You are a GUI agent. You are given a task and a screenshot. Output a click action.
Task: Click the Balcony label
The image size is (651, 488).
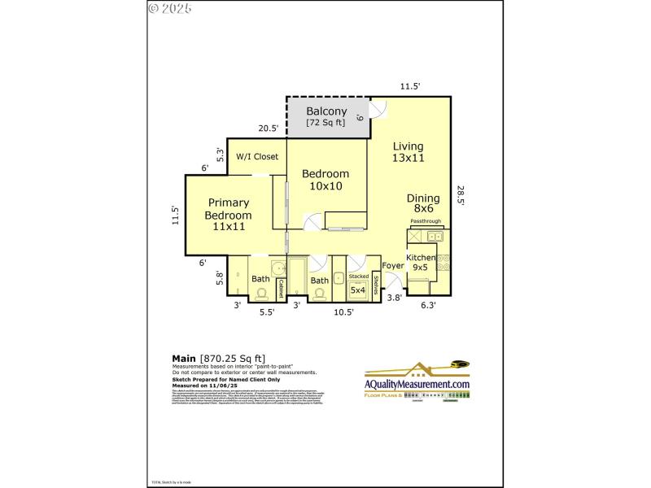(x=326, y=111)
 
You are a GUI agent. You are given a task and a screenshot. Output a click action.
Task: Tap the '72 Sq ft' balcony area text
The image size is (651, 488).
(x=325, y=123)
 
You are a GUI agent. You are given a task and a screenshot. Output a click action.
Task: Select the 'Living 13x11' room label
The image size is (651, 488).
(x=408, y=152)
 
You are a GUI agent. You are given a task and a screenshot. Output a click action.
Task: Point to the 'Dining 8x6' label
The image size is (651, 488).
(x=423, y=203)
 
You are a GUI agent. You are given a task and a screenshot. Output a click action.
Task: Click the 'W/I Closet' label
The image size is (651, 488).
(x=257, y=156)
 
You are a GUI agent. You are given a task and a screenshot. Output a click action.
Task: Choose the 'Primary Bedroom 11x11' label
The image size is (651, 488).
(x=228, y=215)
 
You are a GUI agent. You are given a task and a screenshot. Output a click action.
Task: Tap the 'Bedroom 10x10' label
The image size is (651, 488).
(x=325, y=180)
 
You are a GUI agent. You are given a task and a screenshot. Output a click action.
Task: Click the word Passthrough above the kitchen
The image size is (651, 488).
(x=426, y=221)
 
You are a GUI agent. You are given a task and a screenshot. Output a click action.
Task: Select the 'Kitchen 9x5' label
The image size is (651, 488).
(x=421, y=262)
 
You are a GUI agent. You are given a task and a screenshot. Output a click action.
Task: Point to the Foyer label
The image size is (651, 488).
(x=393, y=265)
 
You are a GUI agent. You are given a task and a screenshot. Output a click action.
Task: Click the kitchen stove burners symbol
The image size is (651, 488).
(x=444, y=263)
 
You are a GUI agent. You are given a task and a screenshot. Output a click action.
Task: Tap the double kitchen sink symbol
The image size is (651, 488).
(x=435, y=237)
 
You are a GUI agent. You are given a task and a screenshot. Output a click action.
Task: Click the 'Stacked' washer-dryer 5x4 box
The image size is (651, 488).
(x=358, y=284)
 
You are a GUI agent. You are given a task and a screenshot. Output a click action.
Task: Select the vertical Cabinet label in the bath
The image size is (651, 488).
(x=280, y=289)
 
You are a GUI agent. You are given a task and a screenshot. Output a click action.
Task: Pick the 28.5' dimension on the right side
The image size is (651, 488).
(x=461, y=196)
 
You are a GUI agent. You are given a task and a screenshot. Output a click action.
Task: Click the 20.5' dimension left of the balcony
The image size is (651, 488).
(x=269, y=128)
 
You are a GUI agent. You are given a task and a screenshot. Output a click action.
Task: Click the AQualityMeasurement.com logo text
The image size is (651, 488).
(x=417, y=385)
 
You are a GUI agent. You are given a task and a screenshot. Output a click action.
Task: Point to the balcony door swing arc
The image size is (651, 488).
(x=377, y=107)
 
